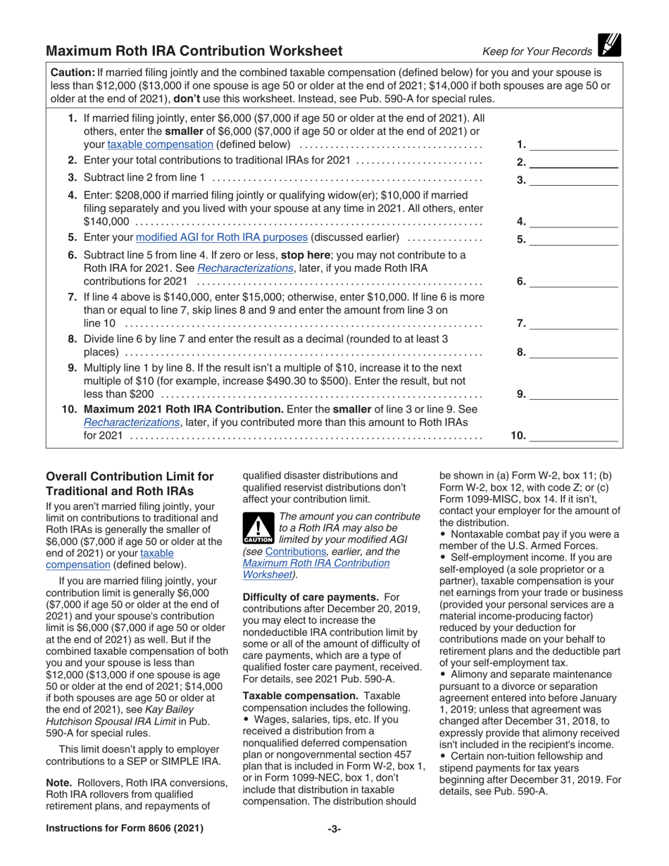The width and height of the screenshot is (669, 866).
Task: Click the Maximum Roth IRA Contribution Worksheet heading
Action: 194,51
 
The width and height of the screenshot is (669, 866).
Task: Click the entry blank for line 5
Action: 573,240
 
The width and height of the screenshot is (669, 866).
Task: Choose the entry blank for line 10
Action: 573,437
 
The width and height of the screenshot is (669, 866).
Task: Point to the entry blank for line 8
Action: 573,353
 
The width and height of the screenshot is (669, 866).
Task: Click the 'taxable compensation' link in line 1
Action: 160,144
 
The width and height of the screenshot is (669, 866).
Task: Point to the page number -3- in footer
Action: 334,829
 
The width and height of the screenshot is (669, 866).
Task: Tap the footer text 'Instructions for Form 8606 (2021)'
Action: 125,829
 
